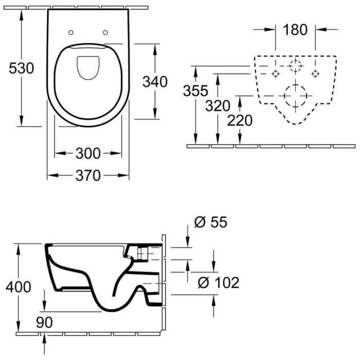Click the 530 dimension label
point(20,68)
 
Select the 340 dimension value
point(155,81)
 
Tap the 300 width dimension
point(89,153)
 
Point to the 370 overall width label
point(88,175)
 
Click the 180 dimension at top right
point(295,29)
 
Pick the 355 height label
point(196,91)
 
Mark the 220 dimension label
point(240,120)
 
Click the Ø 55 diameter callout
point(210,222)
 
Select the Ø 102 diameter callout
point(219,282)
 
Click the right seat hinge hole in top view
point(106,32)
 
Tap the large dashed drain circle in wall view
point(295,96)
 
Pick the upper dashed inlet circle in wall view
point(295,65)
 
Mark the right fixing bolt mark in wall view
point(315,74)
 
